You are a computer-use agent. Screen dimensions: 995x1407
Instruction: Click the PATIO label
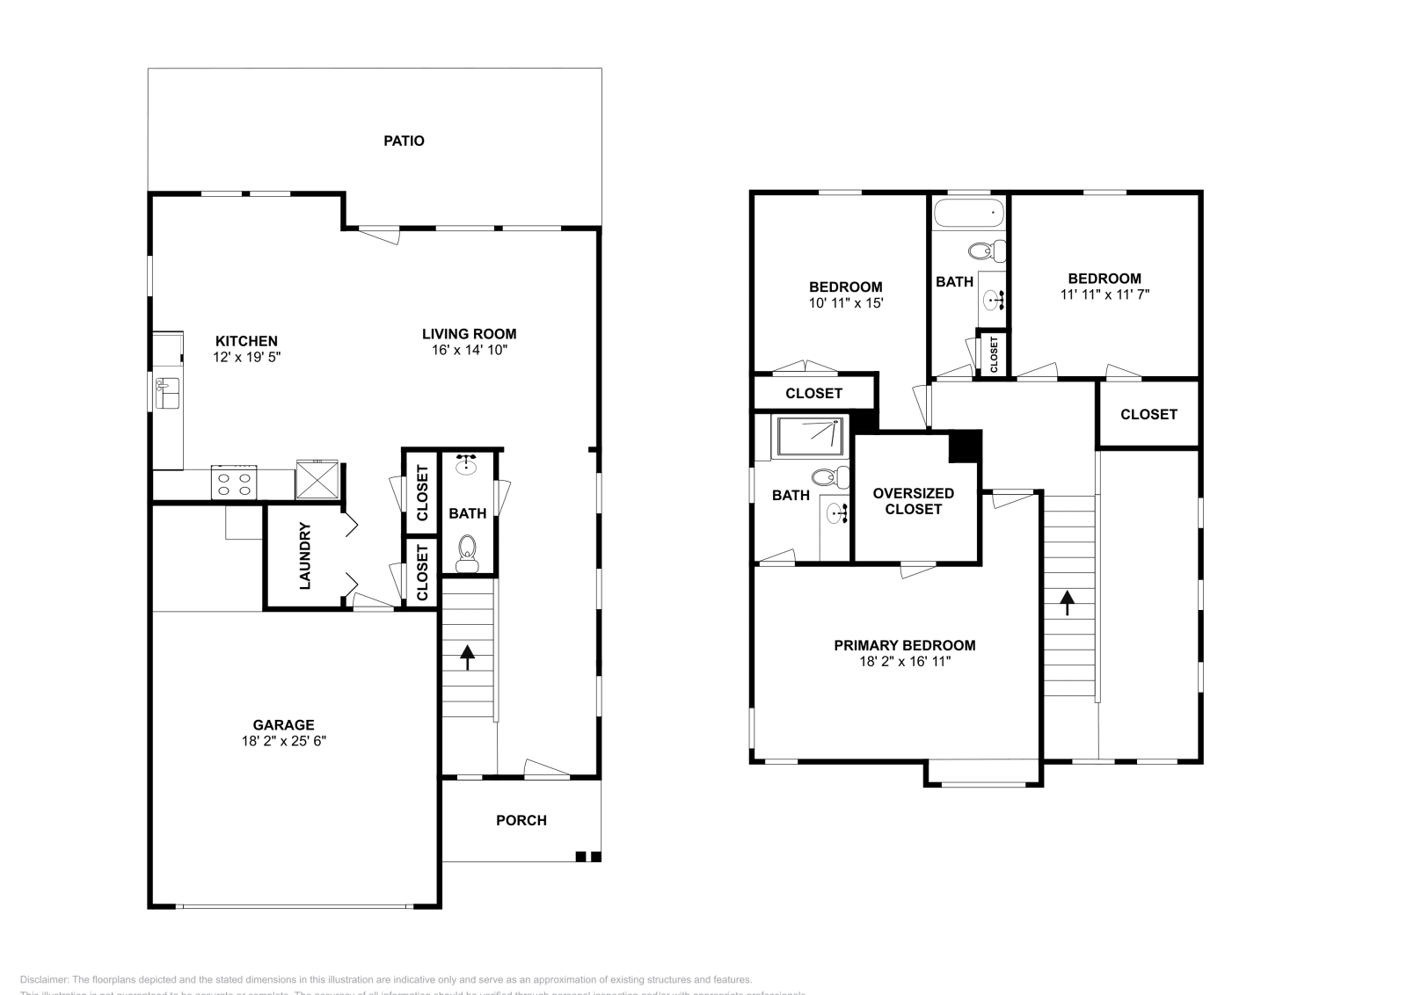tap(404, 141)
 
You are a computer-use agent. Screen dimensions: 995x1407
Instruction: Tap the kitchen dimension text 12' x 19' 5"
tap(246, 357)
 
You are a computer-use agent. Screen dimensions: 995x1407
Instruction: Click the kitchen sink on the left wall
tap(167, 393)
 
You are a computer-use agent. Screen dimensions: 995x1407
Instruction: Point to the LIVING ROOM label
tap(469, 334)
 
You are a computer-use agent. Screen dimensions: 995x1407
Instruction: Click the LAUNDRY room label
tap(305, 556)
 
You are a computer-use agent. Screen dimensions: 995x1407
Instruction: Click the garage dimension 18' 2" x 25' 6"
tap(283, 741)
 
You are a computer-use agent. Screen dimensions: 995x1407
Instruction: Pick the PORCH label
tap(521, 820)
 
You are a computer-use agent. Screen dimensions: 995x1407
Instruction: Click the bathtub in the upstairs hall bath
tap(968, 212)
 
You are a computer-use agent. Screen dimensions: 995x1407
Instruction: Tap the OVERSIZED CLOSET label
tap(913, 501)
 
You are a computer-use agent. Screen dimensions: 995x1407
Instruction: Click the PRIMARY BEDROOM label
tap(904, 645)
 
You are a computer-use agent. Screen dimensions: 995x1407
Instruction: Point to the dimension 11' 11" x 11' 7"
tap(1104, 294)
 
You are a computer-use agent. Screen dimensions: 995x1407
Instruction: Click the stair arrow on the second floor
tap(1067, 602)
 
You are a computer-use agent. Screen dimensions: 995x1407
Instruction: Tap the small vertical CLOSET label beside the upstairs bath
tap(994, 354)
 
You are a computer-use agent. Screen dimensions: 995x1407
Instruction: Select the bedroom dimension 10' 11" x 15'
tap(845, 302)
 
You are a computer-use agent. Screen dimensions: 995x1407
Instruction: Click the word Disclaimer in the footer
tap(43, 979)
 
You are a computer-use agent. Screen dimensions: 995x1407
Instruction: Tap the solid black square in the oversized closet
tap(964, 446)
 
